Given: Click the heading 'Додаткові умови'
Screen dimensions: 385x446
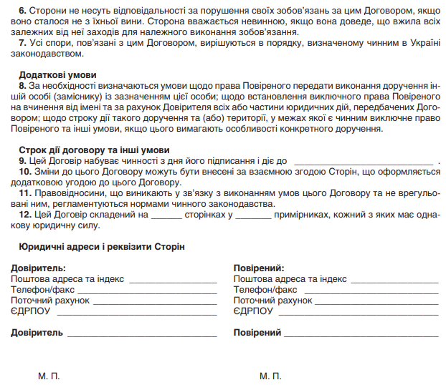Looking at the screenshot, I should tap(57, 75).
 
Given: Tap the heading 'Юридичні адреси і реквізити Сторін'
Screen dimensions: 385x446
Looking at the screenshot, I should tap(98, 246).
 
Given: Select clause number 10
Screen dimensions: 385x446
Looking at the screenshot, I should tap(24, 172).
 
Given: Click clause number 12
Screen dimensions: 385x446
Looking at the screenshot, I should tap(24, 214).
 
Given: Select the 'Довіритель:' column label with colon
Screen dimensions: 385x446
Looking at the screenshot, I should tap(39, 268).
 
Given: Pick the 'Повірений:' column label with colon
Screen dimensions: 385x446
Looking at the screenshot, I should tap(259, 268).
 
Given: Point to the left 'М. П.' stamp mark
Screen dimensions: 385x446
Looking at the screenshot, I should tap(49, 375).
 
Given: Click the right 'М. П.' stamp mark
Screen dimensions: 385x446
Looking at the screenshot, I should tap(271, 375).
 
